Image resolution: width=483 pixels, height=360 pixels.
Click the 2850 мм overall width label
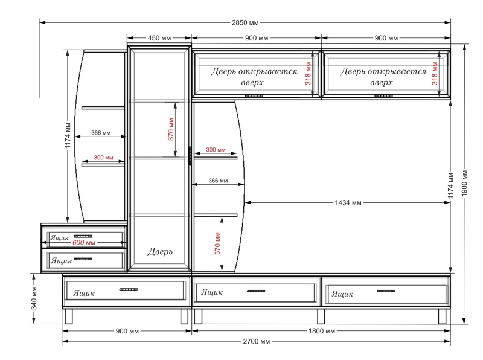click(245, 22)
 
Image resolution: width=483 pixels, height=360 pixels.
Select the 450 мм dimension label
click(159, 38)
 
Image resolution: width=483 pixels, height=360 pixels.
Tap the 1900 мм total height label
click(464, 183)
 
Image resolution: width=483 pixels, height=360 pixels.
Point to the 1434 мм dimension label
click(348, 202)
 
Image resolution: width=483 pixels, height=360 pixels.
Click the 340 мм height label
click(34, 298)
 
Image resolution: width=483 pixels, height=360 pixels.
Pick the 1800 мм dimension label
click(322, 331)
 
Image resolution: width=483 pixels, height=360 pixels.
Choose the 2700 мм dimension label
click(256, 341)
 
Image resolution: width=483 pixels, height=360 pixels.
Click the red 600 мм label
click(84, 243)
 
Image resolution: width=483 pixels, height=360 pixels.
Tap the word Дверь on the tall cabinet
click(160, 251)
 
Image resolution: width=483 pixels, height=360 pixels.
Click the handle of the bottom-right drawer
click(386, 291)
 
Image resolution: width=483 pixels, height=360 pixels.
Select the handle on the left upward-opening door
click(254, 96)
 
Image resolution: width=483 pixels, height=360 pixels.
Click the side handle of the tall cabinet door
click(190, 156)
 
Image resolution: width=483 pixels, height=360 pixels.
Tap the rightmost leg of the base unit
click(442, 317)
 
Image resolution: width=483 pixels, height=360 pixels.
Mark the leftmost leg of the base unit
click(69, 317)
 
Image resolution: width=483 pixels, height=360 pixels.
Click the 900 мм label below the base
click(127, 331)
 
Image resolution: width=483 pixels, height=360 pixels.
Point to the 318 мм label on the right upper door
click(435, 73)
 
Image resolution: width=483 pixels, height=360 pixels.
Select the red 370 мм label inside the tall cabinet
click(171, 129)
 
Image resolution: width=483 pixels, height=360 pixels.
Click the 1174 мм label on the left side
click(68, 135)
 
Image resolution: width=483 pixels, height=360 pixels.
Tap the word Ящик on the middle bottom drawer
click(212, 292)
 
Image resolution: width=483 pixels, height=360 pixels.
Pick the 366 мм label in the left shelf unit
click(101, 133)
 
